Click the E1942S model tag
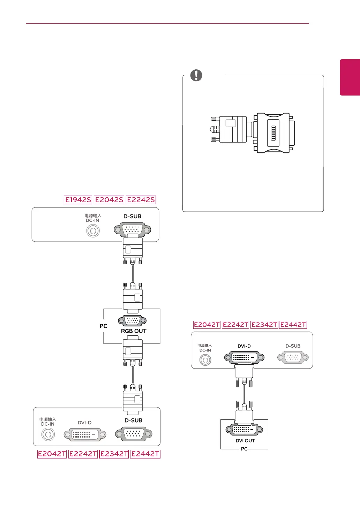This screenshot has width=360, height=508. pyautogui.click(x=78, y=200)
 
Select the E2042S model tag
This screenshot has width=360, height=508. pyautogui.click(x=109, y=200)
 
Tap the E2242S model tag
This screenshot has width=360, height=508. pyautogui.click(x=141, y=200)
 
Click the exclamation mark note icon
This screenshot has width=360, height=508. pyautogui.click(x=196, y=75)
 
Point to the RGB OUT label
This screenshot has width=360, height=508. pyautogui.click(x=134, y=331)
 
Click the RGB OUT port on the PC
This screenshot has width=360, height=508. pyautogui.click(x=132, y=320)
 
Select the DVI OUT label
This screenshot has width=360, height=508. pyautogui.click(x=245, y=440)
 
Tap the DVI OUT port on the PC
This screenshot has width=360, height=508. pyautogui.click(x=244, y=430)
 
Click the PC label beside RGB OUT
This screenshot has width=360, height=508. pyautogui.click(x=103, y=326)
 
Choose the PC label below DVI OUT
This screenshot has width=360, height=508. pyautogui.click(x=244, y=449)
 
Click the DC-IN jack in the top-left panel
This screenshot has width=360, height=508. pyautogui.click(x=93, y=231)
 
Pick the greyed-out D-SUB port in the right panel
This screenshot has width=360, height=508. pyautogui.click(x=293, y=357)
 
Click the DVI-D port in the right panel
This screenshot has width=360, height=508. pyautogui.click(x=244, y=357)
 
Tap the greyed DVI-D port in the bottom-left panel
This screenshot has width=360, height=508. pyautogui.click(x=85, y=434)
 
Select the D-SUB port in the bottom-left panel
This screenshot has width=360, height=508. pyautogui.click(x=134, y=434)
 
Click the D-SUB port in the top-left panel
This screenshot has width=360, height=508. pyautogui.click(x=133, y=230)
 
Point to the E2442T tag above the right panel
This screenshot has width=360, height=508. pyautogui.click(x=293, y=325)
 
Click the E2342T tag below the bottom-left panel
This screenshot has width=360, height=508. pyautogui.click(x=114, y=454)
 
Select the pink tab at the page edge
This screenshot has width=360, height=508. pyautogui.click(x=350, y=77)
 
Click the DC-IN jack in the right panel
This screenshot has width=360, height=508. pyautogui.click(x=205, y=360)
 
